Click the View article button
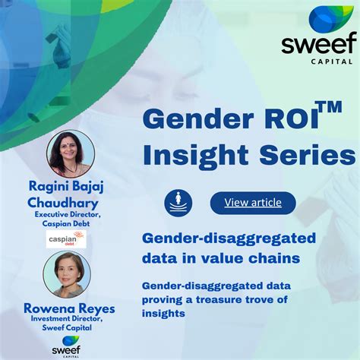(x=252, y=202)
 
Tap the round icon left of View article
(x=178, y=202)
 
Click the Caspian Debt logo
(x=67, y=240)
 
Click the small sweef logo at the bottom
(x=66, y=346)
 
